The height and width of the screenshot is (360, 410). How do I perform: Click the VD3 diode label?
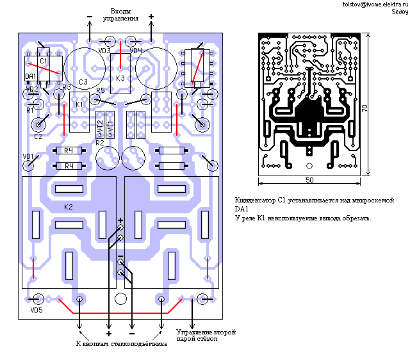[105, 50]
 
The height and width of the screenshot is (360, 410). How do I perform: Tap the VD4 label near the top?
[135, 50]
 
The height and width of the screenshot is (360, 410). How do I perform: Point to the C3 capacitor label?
[83, 82]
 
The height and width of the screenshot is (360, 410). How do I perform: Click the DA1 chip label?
[30, 77]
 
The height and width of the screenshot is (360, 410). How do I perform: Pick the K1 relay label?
[79, 104]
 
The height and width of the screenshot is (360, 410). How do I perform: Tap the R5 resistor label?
[100, 91]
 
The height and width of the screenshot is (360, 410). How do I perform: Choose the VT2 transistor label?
[101, 125]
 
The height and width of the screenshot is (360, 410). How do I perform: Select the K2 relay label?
[68, 208]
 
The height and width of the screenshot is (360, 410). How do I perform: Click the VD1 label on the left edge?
[28, 156]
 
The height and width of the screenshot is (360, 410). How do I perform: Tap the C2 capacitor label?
[38, 136]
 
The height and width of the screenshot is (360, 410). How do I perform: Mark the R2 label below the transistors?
[99, 143]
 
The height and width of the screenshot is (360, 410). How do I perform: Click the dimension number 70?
[365, 110]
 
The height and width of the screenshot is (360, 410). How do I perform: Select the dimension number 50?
[309, 181]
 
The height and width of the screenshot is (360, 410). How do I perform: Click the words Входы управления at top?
[120, 15]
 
